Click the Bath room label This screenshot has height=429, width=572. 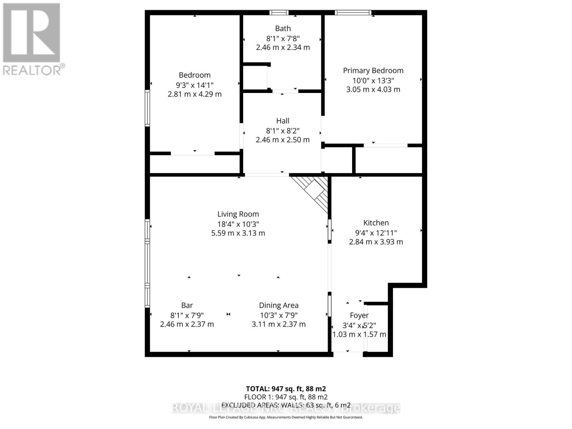(283, 29)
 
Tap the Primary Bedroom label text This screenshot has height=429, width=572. (373, 71)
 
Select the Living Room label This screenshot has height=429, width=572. (238, 214)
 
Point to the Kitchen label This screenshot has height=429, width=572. (376, 223)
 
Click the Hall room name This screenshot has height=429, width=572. (282, 121)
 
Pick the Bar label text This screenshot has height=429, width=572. (187, 306)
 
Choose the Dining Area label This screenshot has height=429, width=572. (278, 306)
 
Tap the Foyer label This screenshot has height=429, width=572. (359, 316)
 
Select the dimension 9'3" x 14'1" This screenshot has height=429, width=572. (194, 85)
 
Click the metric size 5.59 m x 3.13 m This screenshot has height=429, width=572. (238, 233)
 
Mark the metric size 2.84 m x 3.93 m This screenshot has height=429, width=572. (376, 242)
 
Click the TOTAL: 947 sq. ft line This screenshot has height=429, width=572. (286, 389)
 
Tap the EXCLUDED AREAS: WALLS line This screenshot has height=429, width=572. (286, 405)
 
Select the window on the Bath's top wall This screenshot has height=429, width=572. (279, 13)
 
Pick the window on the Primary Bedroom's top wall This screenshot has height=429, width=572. (353, 13)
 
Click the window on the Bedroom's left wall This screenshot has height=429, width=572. (147, 108)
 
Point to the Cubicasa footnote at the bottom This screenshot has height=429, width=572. (286, 417)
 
